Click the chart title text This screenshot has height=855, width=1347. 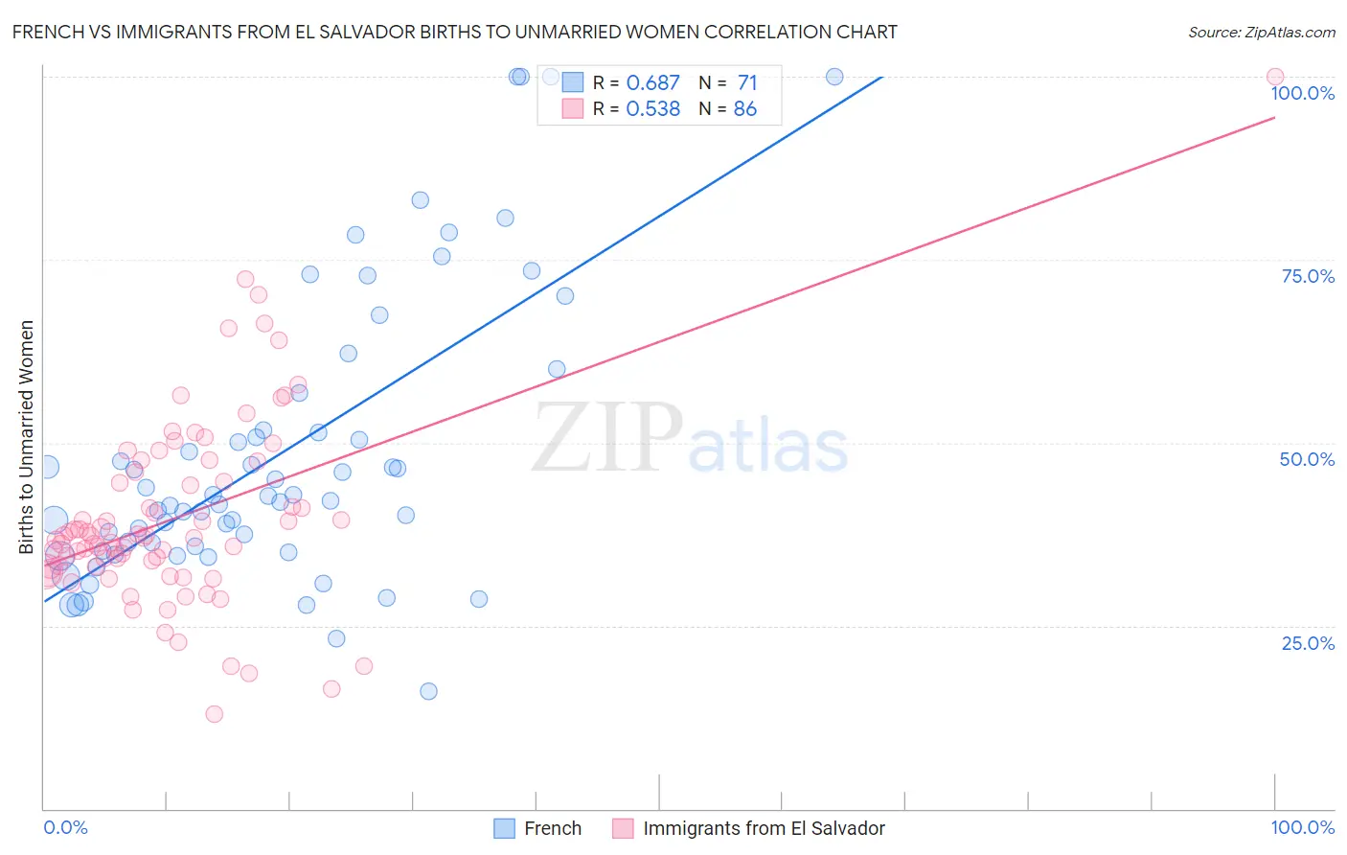click(455, 32)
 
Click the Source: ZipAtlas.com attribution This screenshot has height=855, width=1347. click(1261, 33)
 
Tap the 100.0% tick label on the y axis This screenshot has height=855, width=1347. click(1302, 93)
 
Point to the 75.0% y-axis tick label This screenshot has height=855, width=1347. click(1308, 276)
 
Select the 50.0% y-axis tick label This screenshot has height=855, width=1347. click(1307, 459)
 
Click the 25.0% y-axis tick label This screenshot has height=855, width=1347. click(1308, 643)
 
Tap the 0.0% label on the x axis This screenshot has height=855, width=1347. click(65, 827)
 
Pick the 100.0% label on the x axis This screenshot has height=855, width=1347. click(1302, 827)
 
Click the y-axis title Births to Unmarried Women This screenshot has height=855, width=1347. click(27, 437)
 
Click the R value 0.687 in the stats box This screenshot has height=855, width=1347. click(652, 83)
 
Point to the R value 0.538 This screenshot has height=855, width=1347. click(652, 109)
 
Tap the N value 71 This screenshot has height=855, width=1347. click(747, 83)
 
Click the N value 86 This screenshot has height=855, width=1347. click(745, 109)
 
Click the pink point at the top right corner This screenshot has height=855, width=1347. click(1275, 77)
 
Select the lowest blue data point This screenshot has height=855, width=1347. click(428, 691)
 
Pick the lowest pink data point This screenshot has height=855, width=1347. click(215, 714)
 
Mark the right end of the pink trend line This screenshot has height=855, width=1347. click(1275, 117)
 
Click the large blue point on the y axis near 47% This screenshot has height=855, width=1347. click(46, 467)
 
